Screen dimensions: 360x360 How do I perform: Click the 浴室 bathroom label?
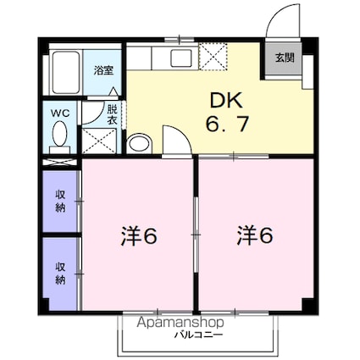tap(103, 71)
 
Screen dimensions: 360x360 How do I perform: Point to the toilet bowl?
tap(59, 135)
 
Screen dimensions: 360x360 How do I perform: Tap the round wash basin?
tap(138, 143)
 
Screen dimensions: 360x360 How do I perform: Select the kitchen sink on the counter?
tap(179, 58)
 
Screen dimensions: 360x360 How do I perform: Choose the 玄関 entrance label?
tap(284, 58)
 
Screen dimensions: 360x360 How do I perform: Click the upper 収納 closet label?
tap(60, 200)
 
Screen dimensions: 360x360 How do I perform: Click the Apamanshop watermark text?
tap(180, 323)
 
